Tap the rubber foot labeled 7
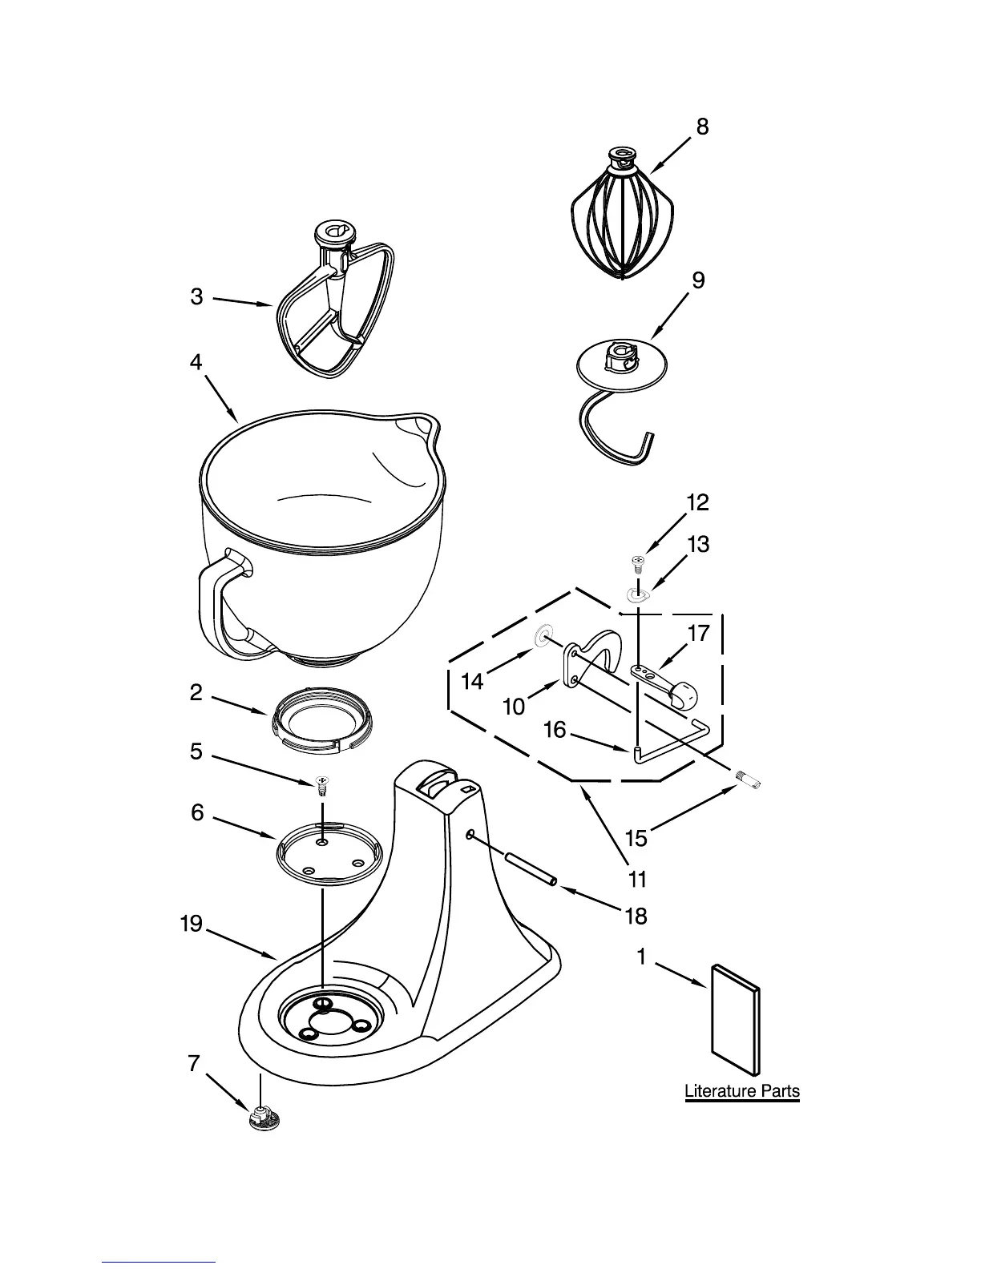[262, 1118]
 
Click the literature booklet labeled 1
[736, 1017]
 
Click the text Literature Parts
[742, 1090]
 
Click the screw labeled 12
[639, 564]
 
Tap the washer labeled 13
[637, 594]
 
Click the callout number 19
[191, 925]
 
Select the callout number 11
[637, 880]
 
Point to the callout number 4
[196, 362]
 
